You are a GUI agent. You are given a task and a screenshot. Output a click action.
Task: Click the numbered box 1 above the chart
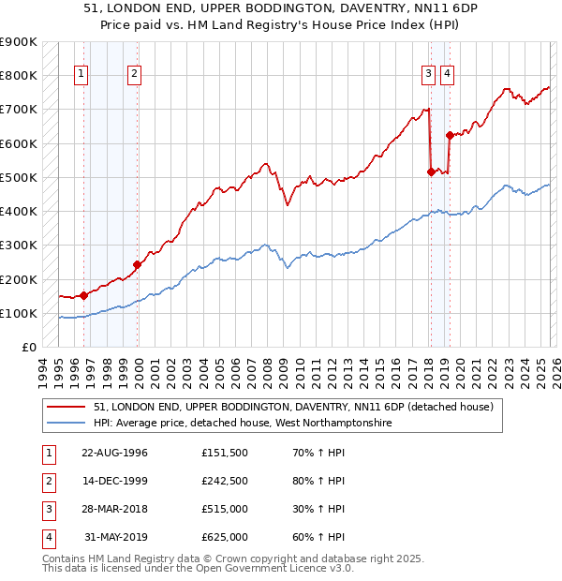click(x=81, y=76)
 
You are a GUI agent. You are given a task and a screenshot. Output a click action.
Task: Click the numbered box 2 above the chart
click(x=135, y=76)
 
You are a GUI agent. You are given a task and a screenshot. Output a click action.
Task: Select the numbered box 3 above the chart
click(x=428, y=76)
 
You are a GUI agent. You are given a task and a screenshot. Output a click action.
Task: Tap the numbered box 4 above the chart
click(x=448, y=76)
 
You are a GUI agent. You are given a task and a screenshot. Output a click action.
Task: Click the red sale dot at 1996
click(x=84, y=295)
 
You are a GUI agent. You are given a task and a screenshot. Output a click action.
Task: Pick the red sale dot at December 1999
click(x=137, y=264)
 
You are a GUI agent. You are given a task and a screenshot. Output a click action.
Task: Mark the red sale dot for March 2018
click(x=430, y=171)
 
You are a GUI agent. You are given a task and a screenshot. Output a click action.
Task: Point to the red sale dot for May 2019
click(x=450, y=135)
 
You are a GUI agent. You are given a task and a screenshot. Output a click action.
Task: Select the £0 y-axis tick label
click(x=29, y=348)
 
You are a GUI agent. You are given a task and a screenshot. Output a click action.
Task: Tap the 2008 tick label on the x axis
click(x=268, y=370)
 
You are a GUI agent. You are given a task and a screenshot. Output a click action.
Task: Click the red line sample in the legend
click(x=67, y=407)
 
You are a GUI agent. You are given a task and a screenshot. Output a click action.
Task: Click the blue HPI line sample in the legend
click(x=67, y=424)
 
